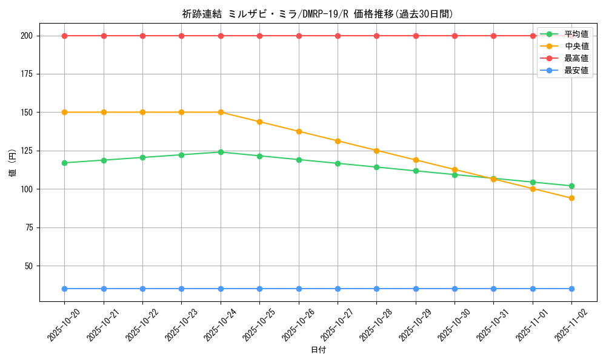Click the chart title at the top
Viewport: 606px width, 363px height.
point(318,14)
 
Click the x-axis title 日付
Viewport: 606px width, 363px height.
point(318,350)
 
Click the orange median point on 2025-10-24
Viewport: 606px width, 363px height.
point(221,112)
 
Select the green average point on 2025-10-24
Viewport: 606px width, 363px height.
point(221,152)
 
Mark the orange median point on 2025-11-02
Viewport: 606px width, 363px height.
point(571,198)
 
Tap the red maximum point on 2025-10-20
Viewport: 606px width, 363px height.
point(64,36)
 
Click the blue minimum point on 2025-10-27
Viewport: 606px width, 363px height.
point(338,289)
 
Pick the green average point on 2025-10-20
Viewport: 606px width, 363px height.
point(64,163)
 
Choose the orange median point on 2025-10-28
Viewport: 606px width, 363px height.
point(376,151)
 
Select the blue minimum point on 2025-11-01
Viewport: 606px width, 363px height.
point(533,289)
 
